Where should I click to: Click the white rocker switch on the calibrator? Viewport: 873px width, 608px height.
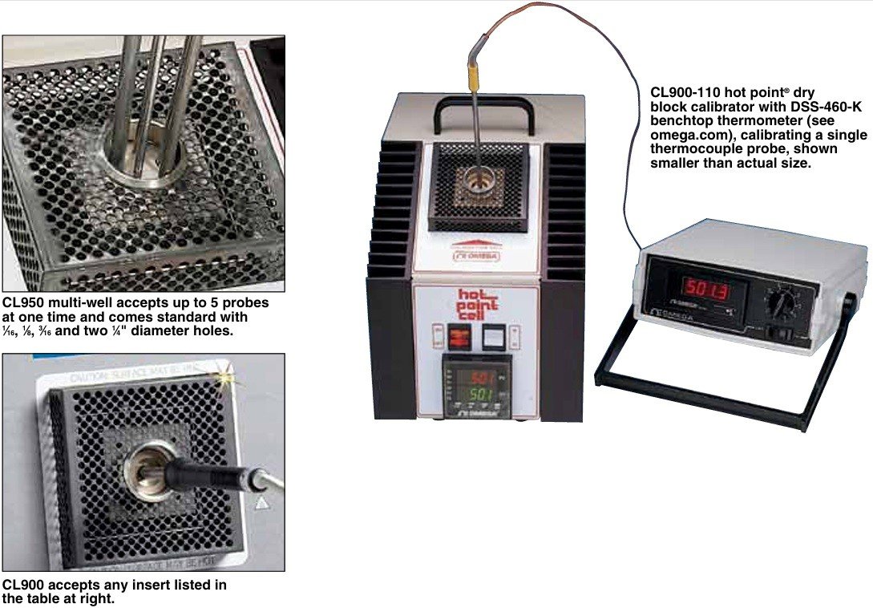[x=494, y=338]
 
